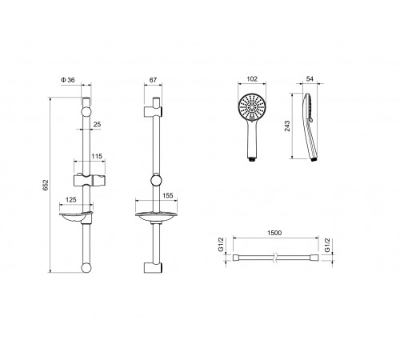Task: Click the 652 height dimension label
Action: coord(46,185)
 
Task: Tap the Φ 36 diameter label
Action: coord(68,80)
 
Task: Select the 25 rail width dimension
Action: coord(98,124)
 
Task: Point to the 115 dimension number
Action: coord(97,156)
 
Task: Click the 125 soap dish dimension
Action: coord(71,199)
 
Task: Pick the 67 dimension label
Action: coord(153,80)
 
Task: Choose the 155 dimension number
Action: coord(168,195)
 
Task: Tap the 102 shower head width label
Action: coord(252,79)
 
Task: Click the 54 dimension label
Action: coord(310,78)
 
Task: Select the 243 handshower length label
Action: coord(287,126)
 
